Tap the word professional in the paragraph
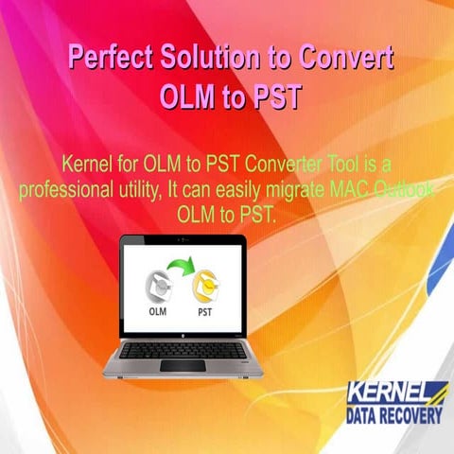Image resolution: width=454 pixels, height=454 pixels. click(64, 189)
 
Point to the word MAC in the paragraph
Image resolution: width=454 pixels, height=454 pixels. click(345, 189)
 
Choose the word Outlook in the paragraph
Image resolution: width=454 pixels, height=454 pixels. click(403, 189)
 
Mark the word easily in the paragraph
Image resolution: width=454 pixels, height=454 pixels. click(236, 189)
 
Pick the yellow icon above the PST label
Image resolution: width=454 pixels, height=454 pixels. click(204, 284)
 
